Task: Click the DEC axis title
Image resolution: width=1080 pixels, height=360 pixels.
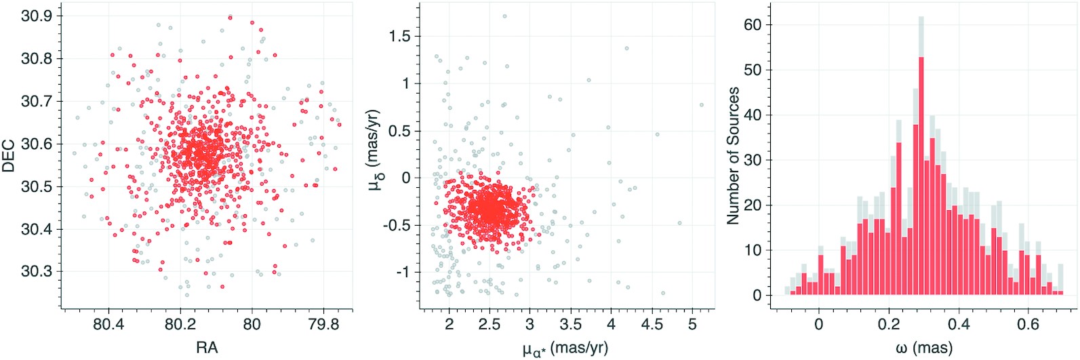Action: [x=9, y=155]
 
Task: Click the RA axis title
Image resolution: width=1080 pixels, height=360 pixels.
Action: [x=207, y=348]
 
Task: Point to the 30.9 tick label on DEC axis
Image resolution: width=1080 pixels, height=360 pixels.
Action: [x=37, y=16]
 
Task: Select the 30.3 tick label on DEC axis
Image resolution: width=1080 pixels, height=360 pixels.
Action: [x=37, y=272]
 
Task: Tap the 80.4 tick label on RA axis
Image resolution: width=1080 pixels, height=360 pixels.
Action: [x=108, y=325]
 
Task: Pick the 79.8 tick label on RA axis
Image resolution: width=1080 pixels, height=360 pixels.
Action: [x=323, y=325]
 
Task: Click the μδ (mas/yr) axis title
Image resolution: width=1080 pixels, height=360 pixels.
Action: [x=375, y=148]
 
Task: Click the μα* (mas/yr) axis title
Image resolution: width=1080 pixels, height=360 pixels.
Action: [x=565, y=348]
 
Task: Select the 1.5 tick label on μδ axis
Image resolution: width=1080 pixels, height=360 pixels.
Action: [x=399, y=37]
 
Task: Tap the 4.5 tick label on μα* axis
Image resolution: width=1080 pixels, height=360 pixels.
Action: [x=652, y=325]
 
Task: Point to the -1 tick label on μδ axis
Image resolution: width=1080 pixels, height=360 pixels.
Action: [x=403, y=273]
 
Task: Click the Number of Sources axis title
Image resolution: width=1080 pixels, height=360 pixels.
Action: [x=733, y=156]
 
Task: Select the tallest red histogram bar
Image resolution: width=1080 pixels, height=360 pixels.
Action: [x=921, y=176]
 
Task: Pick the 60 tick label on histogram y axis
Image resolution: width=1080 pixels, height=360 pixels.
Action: [x=753, y=25]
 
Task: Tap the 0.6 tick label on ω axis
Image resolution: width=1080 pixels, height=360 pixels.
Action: [x=1028, y=325]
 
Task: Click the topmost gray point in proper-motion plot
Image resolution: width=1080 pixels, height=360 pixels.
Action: [x=504, y=16]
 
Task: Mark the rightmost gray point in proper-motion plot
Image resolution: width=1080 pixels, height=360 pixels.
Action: [x=702, y=105]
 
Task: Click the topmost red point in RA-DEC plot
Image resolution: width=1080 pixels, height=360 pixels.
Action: [x=231, y=18]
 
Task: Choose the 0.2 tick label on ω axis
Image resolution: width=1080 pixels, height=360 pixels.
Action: [x=889, y=325]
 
